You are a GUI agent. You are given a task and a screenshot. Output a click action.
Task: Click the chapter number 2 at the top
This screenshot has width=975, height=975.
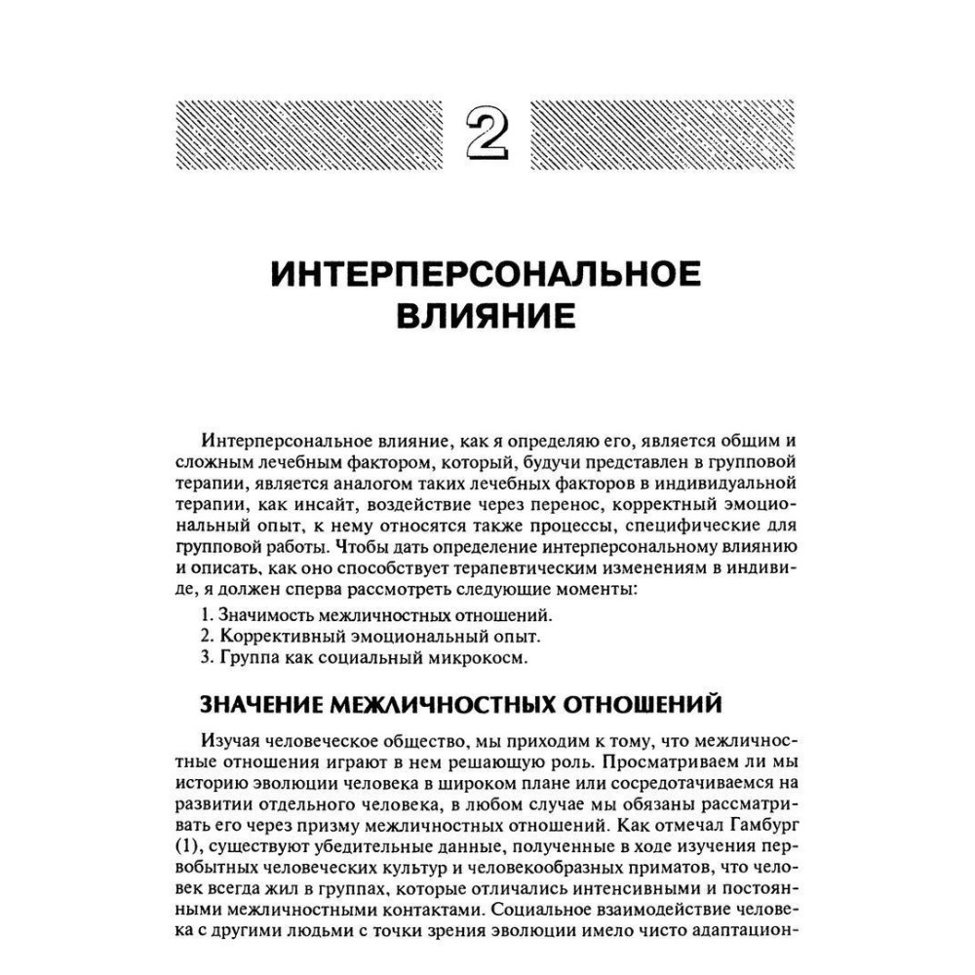tap(487, 134)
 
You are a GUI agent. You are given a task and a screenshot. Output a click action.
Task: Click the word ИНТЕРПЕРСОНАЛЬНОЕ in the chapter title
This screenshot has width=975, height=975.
tap(487, 275)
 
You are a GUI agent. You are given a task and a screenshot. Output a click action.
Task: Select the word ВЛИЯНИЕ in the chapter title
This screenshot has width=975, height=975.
tap(487, 318)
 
